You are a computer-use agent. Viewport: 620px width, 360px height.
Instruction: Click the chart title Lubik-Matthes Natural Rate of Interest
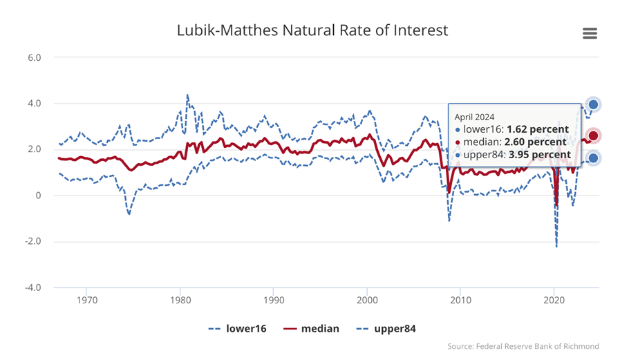click(x=312, y=30)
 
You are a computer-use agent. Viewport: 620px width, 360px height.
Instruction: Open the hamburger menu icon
click(x=590, y=33)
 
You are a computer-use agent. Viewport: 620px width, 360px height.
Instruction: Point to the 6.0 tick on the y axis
click(x=35, y=57)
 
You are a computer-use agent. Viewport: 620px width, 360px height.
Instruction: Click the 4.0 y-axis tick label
click(x=35, y=104)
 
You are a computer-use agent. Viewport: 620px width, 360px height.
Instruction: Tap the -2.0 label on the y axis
click(x=32, y=241)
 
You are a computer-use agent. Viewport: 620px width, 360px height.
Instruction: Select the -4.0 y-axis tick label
click(x=32, y=287)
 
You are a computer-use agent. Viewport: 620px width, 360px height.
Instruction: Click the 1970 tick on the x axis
click(x=87, y=301)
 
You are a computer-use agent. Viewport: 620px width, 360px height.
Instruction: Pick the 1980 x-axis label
click(x=180, y=301)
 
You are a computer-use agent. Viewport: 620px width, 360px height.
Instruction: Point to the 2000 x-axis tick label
click(x=367, y=301)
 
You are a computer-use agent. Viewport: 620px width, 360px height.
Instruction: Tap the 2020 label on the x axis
click(x=554, y=301)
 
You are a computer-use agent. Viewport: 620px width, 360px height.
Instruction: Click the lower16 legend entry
click(x=237, y=329)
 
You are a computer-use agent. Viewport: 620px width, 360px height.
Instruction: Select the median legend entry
click(x=311, y=329)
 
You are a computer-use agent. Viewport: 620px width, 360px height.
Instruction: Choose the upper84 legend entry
click(x=386, y=329)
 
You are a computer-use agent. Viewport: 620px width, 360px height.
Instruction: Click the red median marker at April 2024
click(x=593, y=136)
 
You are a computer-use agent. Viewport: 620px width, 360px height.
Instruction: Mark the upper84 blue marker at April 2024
click(x=593, y=105)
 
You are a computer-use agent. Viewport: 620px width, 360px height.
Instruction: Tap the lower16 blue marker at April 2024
click(x=593, y=158)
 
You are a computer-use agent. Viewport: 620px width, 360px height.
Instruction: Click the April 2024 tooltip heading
click(x=474, y=117)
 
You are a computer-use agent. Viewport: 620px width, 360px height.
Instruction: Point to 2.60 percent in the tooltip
click(x=536, y=142)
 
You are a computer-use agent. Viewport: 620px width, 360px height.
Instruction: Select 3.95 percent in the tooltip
click(x=540, y=155)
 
